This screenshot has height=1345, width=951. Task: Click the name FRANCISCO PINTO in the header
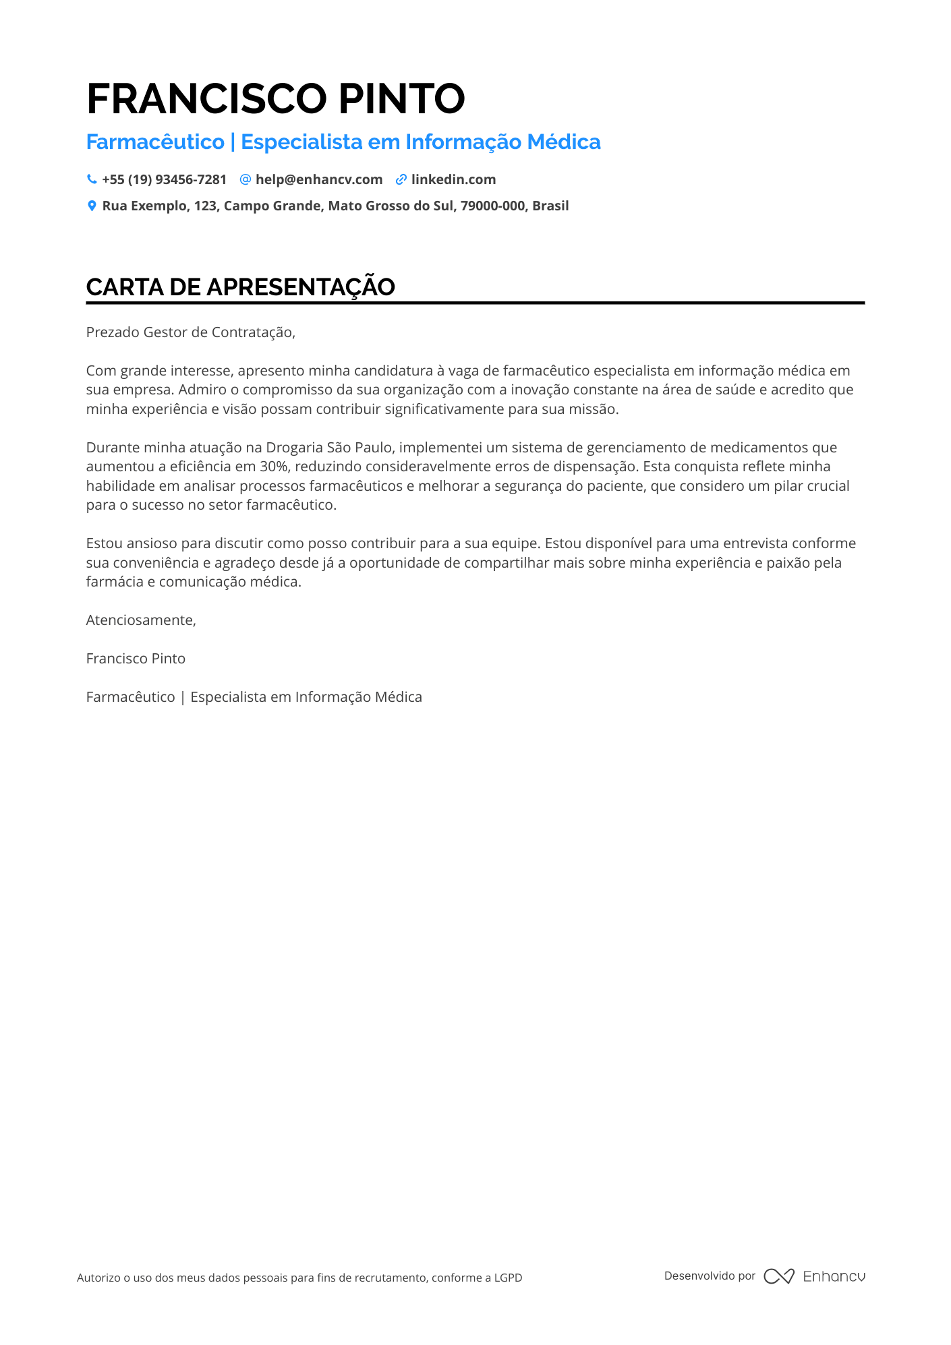(275, 98)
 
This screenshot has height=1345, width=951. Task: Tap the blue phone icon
(92, 179)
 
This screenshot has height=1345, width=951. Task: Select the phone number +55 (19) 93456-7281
(164, 179)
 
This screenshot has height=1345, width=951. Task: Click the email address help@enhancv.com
(318, 179)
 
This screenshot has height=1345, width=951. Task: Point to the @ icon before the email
(246, 179)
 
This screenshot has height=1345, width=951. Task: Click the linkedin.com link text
(453, 179)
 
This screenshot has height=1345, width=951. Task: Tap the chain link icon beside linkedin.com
(401, 179)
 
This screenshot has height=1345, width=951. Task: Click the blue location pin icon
(92, 206)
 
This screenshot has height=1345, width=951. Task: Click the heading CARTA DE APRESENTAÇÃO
(240, 287)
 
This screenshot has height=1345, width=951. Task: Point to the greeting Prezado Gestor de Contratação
(190, 332)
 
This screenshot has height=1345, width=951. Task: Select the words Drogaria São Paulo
(328, 448)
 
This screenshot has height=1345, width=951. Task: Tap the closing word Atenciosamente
(140, 620)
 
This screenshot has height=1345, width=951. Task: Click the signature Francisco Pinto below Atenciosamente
(136, 659)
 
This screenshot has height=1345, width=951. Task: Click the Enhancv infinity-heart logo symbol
(779, 1276)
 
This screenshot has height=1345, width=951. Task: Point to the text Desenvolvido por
(710, 1276)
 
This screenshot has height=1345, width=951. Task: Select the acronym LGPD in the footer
(508, 1278)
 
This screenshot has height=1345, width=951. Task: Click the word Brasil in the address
(550, 206)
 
